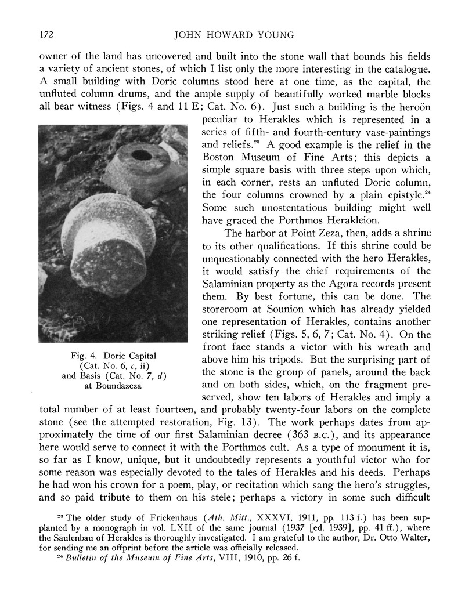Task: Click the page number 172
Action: pos(46,34)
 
